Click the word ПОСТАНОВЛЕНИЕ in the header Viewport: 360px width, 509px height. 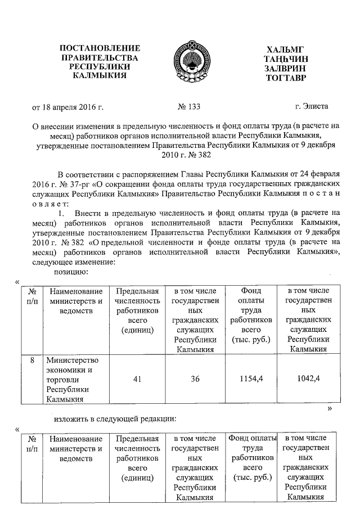[x=100, y=48]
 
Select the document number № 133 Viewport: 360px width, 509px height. [x=189, y=106]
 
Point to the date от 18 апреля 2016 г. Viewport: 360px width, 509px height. [x=68, y=106]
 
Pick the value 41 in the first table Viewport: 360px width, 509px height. [x=137, y=379]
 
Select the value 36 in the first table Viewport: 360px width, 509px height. [x=195, y=379]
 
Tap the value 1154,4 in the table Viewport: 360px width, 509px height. [x=252, y=379]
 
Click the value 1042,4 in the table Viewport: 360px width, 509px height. [x=308, y=379]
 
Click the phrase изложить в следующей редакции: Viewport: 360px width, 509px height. [x=115, y=419]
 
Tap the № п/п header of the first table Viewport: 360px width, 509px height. [x=32, y=296]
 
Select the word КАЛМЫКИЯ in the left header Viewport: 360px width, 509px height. [x=100, y=76]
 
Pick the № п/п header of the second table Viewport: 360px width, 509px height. [x=32, y=443]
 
